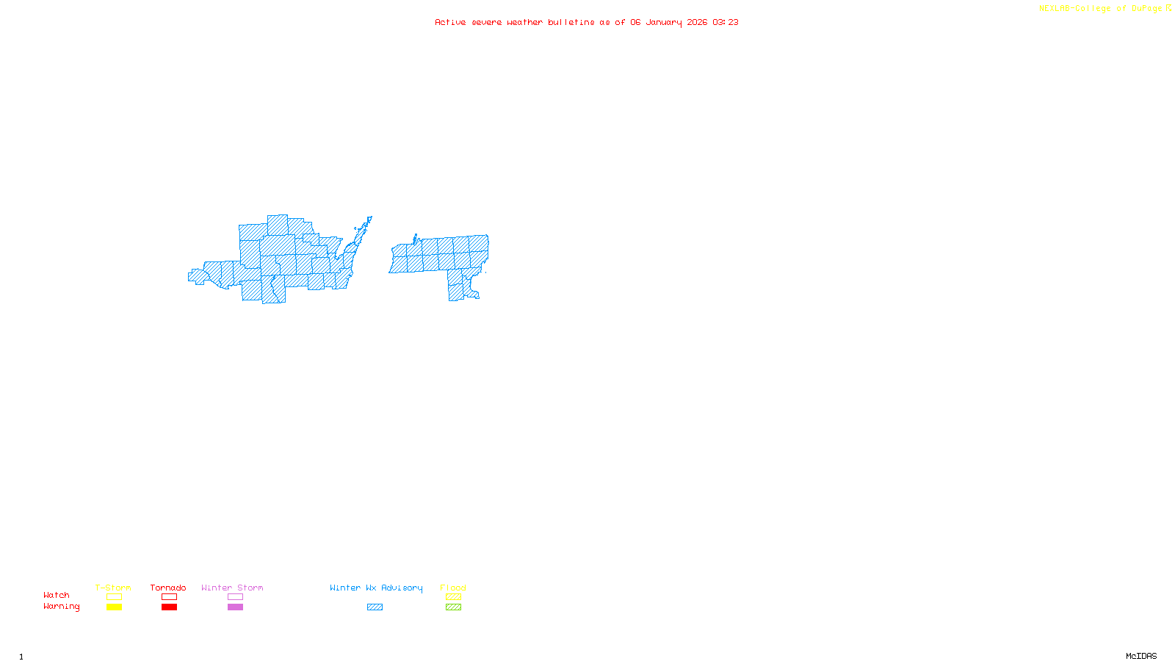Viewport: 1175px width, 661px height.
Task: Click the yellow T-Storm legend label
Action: click(113, 588)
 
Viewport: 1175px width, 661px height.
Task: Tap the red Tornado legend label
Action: click(168, 588)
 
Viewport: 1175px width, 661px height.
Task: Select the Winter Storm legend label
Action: click(232, 588)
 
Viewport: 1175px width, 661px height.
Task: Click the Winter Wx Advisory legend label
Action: click(376, 588)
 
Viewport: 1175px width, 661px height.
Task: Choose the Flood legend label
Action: click(453, 588)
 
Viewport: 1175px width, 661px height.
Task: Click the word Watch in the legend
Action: click(57, 595)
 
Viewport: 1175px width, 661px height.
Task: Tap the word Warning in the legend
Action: click(61, 607)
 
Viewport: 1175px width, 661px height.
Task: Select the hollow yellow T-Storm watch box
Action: click(114, 597)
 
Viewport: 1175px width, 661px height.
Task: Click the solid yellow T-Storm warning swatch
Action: click(114, 607)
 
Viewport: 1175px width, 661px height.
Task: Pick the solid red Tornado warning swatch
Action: click(169, 607)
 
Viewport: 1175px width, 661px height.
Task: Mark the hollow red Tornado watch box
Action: click(169, 597)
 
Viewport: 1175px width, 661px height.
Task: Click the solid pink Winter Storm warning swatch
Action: click(235, 607)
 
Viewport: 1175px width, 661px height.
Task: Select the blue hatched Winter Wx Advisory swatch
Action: click(375, 607)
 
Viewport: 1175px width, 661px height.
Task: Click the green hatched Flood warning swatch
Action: click(453, 607)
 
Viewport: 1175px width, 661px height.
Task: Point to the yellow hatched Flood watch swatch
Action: click(453, 597)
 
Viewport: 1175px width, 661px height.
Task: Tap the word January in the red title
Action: click(664, 22)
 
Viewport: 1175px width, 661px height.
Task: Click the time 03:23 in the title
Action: click(726, 22)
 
